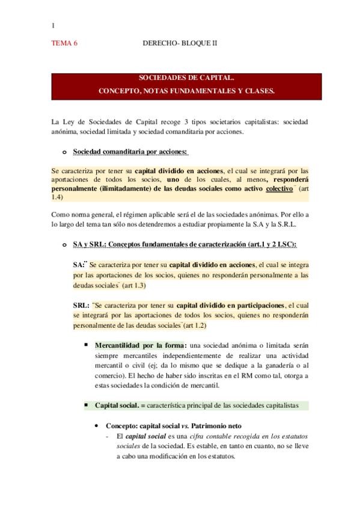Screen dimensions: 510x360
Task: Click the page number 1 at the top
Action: click(53, 25)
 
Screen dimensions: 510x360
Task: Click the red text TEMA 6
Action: click(65, 44)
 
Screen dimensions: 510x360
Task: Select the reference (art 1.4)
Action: click(180, 192)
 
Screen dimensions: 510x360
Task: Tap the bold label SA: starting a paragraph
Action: click(79, 265)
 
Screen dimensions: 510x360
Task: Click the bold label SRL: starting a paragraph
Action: click(82, 305)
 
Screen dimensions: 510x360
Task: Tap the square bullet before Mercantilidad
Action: click(87, 345)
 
